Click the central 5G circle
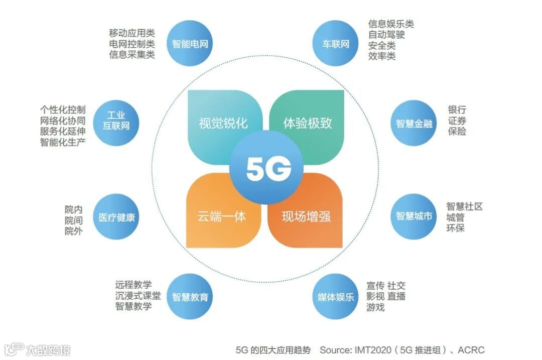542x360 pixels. [268, 170]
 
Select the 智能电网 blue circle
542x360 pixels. [190, 44]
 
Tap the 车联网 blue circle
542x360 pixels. [336, 44]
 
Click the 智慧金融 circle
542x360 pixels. [414, 123]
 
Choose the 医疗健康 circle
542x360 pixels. [116, 217]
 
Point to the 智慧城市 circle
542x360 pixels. [414, 216]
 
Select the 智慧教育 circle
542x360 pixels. [190, 297]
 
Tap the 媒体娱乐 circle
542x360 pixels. [336, 297]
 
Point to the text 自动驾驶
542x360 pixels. [386, 35]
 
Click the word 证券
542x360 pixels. [457, 121]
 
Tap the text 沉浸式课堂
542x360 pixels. [138, 295]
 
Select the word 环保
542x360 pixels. [456, 228]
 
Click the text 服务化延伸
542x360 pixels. [63, 131]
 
